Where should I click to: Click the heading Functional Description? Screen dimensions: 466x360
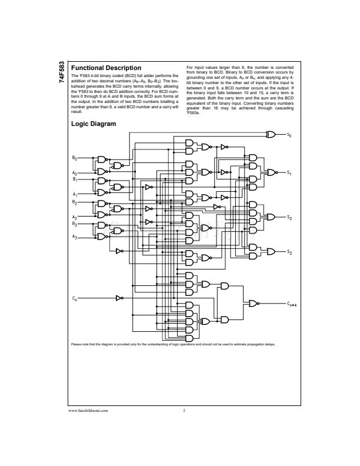click(106, 68)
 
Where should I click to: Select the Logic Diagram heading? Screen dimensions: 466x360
click(94, 124)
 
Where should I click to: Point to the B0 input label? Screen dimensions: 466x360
click(74, 158)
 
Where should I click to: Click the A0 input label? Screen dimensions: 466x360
click(74, 172)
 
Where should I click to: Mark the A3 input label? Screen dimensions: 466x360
click(74, 237)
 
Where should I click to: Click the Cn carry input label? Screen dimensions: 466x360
click(74, 299)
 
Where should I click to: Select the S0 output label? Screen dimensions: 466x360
click(289, 135)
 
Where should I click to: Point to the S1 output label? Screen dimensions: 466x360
click(289, 172)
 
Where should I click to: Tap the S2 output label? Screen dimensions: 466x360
click(289, 217)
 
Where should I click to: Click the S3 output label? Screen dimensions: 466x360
click(289, 252)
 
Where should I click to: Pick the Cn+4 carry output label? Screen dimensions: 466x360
click(291, 304)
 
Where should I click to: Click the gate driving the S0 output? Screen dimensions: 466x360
click(272, 135)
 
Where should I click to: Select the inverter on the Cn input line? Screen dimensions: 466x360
click(119, 298)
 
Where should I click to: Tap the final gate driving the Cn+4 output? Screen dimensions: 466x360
click(253, 304)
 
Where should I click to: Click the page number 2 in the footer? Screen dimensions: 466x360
click(184, 410)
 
